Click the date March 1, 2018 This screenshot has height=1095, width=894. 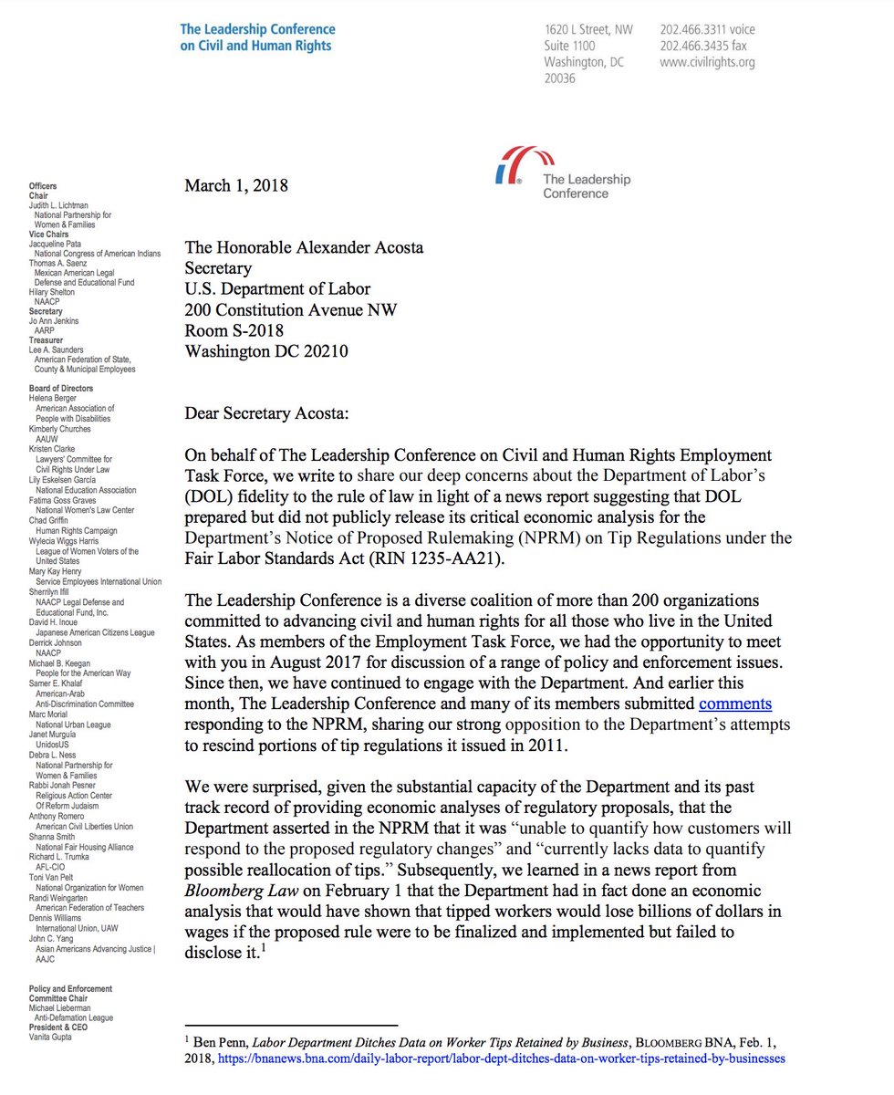click(x=236, y=186)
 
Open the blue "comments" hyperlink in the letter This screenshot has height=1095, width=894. click(x=735, y=703)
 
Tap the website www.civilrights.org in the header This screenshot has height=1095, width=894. click(x=707, y=63)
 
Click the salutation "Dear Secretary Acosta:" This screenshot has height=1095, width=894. click(x=261, y=413)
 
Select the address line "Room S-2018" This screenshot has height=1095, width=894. click(x=234, y=330)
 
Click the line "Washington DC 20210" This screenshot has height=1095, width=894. click(x=266, y=351)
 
